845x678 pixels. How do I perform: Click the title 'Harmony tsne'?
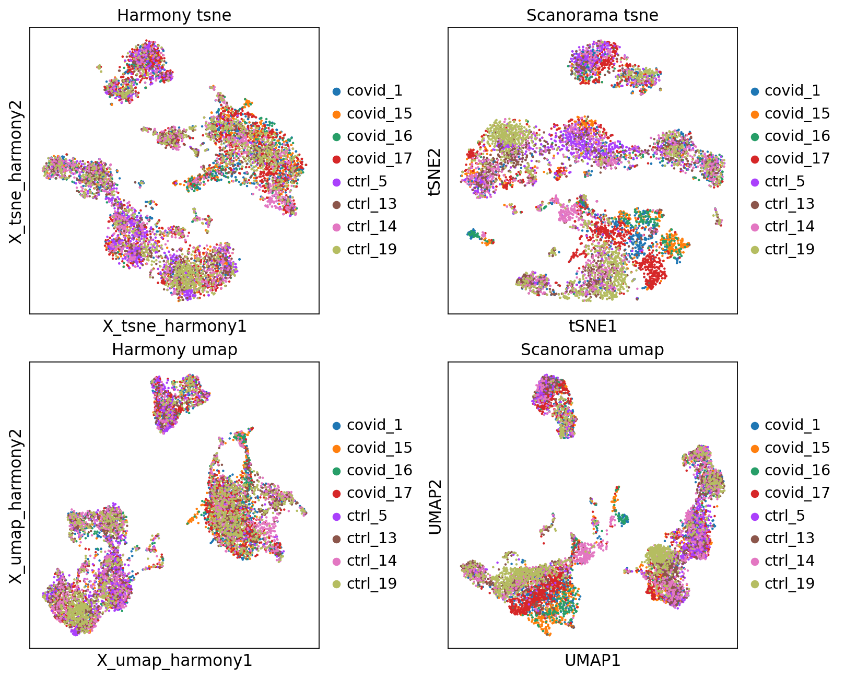point(174,15)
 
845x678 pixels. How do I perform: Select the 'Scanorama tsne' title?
point(592,15)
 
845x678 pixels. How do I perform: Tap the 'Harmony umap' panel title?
point(174,349)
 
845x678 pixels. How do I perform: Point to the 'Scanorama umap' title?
point(592,349)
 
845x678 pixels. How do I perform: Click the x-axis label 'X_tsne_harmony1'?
point(174,326)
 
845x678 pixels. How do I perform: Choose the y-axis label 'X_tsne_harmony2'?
point(16,171)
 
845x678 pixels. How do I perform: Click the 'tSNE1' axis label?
point(592,326)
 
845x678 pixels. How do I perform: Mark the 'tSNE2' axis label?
point(435,171)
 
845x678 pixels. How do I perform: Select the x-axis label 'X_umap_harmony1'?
point(174,661)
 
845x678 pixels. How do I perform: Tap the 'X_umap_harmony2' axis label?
point(16,505)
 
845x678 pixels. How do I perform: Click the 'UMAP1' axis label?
point(592,661)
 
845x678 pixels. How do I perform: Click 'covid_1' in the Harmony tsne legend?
point(374,91)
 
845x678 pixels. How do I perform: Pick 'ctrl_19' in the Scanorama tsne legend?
point(789,249)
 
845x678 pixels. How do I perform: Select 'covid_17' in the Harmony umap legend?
point(379,493)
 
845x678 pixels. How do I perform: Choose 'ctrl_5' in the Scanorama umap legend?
point(784,516)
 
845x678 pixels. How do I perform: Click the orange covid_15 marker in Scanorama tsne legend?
point(755,114)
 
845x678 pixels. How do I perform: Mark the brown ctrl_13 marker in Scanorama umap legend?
point(755,539)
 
